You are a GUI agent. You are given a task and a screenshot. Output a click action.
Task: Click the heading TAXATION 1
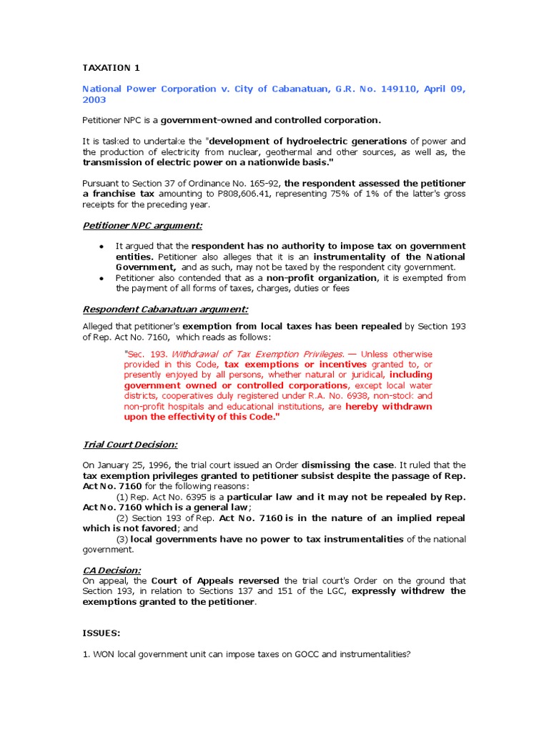click(112, 68)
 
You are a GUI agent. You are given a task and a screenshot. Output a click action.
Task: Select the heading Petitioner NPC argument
click(142, 226)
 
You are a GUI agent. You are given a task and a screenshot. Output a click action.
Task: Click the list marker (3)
click(122, 539)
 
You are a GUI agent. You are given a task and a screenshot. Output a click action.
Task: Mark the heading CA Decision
click(112, 570)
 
